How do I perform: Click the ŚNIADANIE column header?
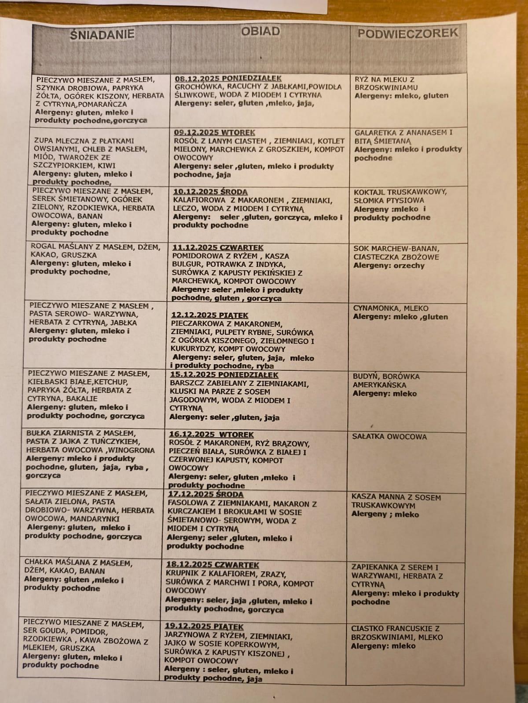coord(102,35)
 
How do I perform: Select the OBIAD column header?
coord(260,31)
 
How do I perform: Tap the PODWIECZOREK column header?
coord(407,33)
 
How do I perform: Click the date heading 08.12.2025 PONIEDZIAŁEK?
coord(228,79)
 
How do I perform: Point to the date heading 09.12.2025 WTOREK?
coord(214,132)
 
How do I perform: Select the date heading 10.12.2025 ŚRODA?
coord(210,192)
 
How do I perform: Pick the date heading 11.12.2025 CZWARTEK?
coord(218,248)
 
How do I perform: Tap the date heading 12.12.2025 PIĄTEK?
coord(210,315)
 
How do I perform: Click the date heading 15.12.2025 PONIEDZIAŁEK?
coord(224,375)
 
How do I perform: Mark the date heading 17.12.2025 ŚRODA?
coord(205,495)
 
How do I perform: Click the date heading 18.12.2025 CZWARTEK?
coord(213,565)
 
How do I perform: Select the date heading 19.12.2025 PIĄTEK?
coord(204,627)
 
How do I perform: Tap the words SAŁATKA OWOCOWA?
coord(389,437)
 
